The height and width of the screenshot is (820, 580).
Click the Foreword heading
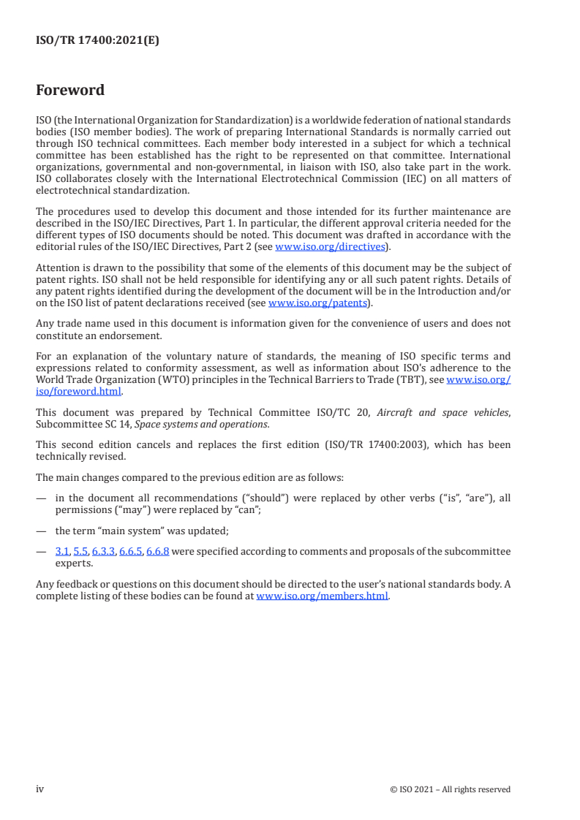pos(70,91)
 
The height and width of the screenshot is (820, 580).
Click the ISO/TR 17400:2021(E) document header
pos(97,41)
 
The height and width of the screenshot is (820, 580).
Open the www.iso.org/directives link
pos(329,247)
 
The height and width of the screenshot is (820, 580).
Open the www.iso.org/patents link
pos(320,303)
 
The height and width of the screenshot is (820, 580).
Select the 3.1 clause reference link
pos(62,552)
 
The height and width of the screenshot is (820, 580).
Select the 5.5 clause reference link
pos(80,552)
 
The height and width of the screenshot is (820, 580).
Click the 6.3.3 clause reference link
pos(103,552)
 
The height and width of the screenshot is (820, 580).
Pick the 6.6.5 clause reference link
pos(130,552)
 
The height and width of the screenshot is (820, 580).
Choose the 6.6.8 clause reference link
pos(158,552)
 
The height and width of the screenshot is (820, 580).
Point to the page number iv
pos(40,789)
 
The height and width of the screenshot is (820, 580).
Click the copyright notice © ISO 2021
pos(450,789)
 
